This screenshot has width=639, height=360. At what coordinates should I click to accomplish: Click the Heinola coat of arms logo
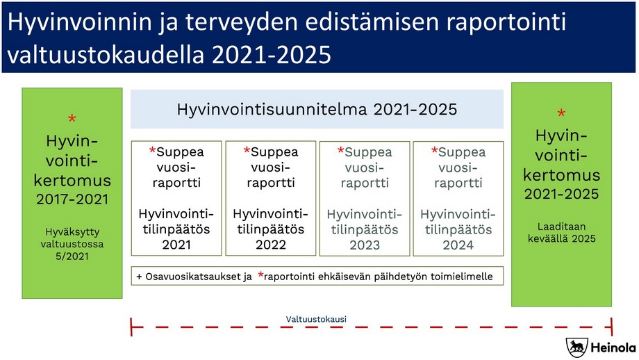coord(576,347)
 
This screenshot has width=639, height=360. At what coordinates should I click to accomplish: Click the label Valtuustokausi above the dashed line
coord(316,319)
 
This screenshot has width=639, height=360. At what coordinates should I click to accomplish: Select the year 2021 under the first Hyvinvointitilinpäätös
coord(176,245)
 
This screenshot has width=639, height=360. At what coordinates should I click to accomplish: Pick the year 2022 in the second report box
coord(270,245)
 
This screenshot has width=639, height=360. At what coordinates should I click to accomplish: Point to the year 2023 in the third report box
coord(365,245)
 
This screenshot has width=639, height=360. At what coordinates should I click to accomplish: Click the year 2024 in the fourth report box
coord(458,245)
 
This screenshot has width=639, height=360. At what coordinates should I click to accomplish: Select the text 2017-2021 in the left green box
coord(72,200)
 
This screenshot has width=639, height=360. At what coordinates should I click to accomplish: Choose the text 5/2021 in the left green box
coord(72,256)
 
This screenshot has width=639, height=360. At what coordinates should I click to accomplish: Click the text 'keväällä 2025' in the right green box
coord(561,238)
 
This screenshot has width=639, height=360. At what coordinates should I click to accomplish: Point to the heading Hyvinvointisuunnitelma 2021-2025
coord(317,109)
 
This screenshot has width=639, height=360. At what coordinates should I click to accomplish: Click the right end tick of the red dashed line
coord(611,327)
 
